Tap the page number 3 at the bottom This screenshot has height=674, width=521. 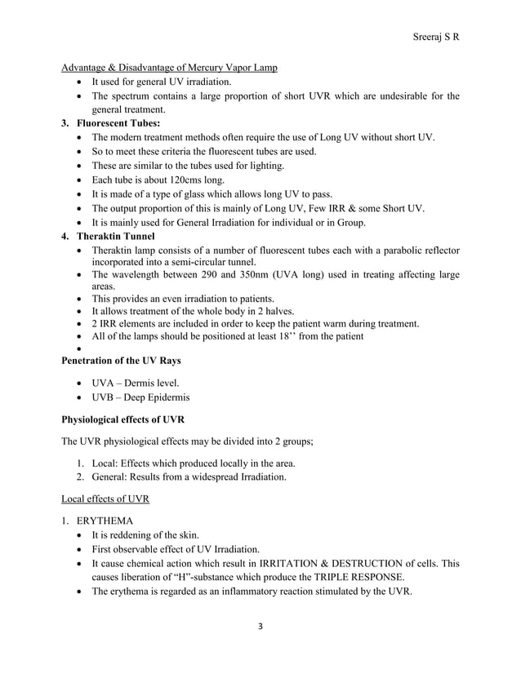260,628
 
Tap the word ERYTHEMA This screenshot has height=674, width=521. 107,520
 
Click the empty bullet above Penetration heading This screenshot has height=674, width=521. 78,348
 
